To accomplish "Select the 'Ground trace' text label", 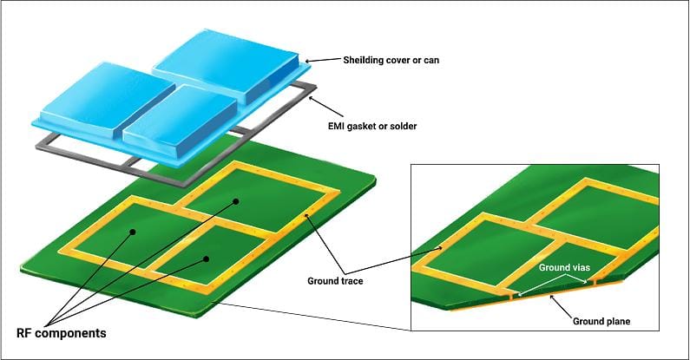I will pyautogui.click(x=336, y=281).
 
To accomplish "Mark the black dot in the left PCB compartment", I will pyautogui.click(x=133, y=232).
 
